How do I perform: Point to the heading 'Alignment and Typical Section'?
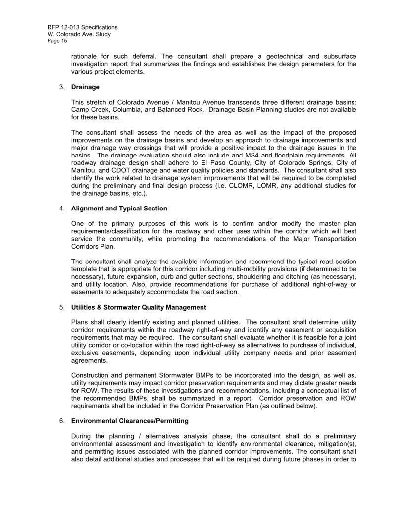[119, 209]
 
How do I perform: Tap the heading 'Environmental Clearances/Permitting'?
[130, 421]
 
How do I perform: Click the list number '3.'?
[62, 87]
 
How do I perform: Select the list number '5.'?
[62, 308]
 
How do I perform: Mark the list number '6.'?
[62, 421]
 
